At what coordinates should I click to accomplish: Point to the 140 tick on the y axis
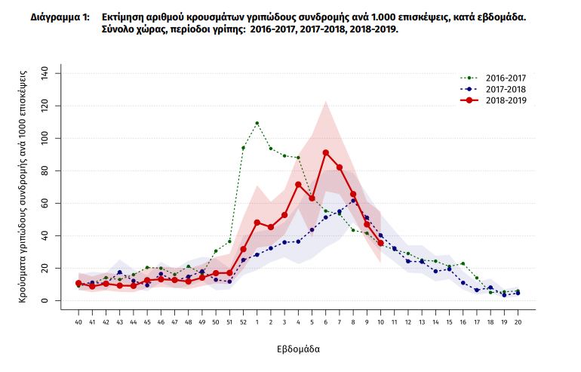point(45,73)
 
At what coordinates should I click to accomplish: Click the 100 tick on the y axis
point(45,138)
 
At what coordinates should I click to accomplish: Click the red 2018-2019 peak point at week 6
point(325,152)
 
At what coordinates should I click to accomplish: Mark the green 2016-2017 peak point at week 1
point(257,123)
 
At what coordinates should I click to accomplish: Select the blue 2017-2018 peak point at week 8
point(353,200)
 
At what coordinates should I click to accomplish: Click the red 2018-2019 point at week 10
point(380,243)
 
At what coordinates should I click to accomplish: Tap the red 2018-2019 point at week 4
point(298,184)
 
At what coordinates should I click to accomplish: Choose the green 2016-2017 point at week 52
point(243,148)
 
